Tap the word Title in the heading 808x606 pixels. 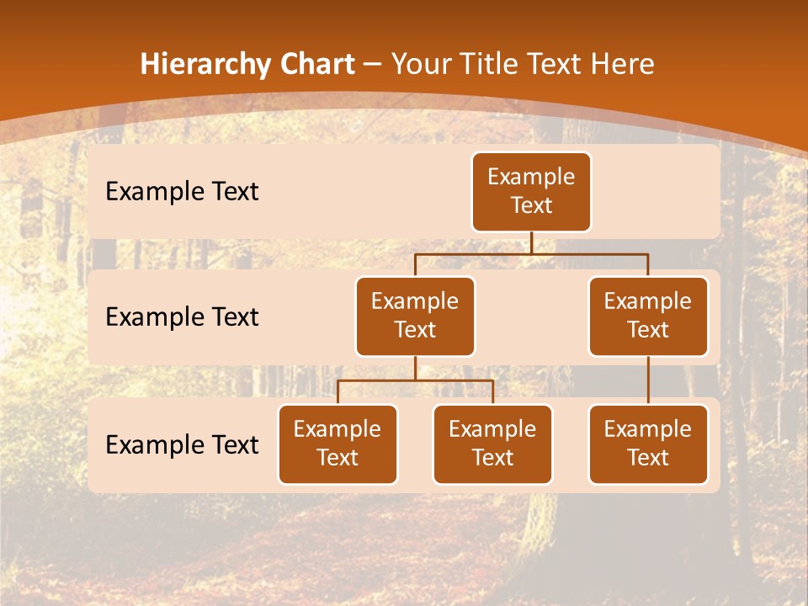coord(486,65)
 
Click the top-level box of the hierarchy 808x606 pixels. coord(531,192)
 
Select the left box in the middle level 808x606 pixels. coord(415,316)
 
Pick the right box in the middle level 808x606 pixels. coord(648,316)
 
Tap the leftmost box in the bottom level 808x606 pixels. coord(338,444)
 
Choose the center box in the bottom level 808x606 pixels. coord(492,444)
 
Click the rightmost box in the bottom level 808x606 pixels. coord(648,444)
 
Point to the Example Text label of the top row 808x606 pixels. coord(182,192)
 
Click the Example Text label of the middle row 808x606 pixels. coord(182,317)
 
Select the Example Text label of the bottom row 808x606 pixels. coord(182,445)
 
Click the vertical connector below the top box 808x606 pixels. coord(531,242)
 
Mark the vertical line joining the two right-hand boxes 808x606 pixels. coord(648,380)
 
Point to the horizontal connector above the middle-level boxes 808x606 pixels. coord(531,253)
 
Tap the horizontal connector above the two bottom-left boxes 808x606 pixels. coord(415,381)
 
